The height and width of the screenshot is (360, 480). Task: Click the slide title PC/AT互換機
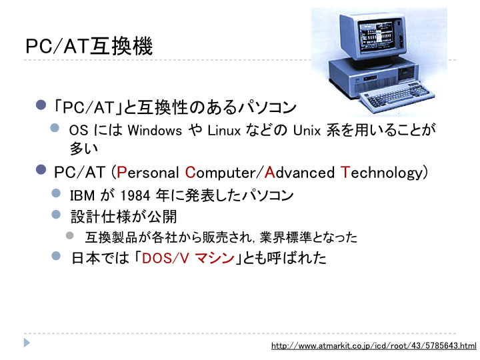(x=89, y=46)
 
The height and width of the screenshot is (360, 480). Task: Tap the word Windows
(x=155, y=131)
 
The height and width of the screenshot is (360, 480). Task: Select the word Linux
(x=224, y=131)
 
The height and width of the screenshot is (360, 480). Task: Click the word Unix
(x=307, y=131)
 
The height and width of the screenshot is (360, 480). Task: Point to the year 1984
(x=135, y=195)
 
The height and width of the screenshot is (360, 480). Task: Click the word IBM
(x=83, y=195)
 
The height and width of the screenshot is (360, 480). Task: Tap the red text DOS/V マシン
(x=188, y=258)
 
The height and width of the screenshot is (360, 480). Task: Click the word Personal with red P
(x=147, y=173)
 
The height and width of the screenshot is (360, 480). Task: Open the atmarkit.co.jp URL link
(x=374, y=346)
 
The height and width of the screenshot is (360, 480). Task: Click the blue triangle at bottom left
(x=27, y=343)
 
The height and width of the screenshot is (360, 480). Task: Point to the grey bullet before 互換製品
(x=70, y=235)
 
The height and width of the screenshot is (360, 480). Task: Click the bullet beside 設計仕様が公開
(x=56, y=214)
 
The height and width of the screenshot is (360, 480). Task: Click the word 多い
(x=83, y=149)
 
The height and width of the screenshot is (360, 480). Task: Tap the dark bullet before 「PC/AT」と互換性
(x=41, y=105)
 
